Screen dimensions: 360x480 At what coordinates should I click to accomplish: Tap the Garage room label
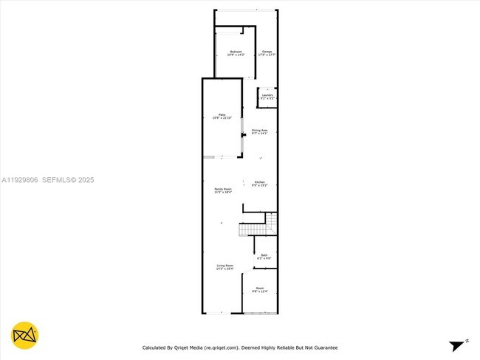click(x=266, y=53)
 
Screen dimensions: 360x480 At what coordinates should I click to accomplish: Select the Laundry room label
click(x=267, y=97)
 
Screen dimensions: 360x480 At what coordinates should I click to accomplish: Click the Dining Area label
click(x=259, y=131)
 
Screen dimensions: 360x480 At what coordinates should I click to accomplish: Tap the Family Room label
click(x=223, y=191)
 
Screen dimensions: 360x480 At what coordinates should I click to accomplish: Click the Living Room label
click(x=224, y=267)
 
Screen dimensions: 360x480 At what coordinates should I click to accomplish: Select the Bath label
click(x=264, y=257)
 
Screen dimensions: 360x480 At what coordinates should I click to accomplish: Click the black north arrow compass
click(x=459, y=345)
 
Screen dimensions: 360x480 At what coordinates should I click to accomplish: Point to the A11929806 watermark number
click(x=19, y=179)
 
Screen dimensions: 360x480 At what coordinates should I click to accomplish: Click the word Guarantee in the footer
click(x=324, y=347)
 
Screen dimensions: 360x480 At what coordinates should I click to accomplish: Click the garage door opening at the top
click(x=246, y=10)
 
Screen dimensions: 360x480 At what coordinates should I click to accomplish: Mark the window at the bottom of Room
click(x=259, y=314)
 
